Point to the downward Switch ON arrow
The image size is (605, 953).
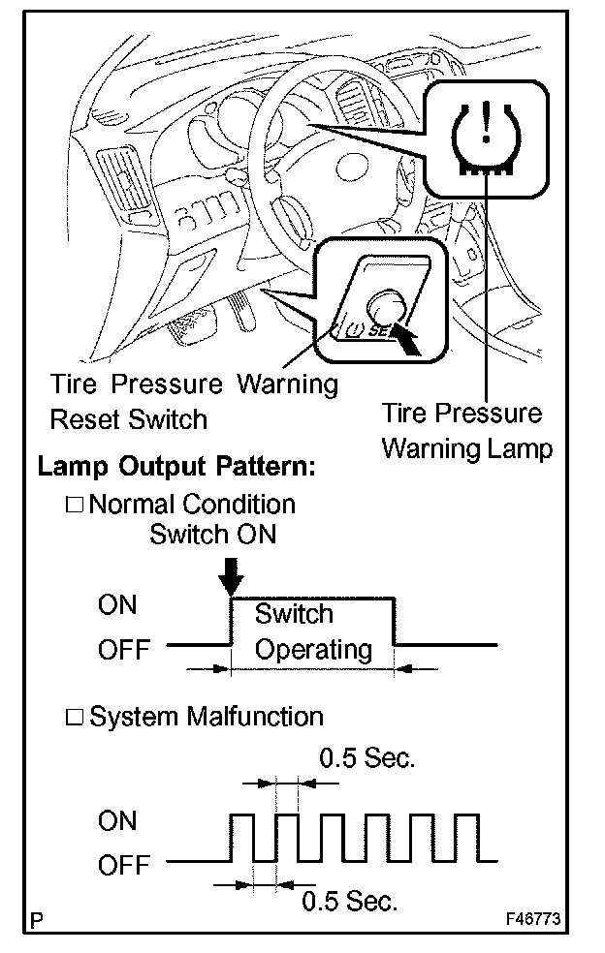[x=230, y=579]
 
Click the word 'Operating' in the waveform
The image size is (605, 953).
[x=313, y=649]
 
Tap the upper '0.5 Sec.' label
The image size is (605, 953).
[x=366, y=758]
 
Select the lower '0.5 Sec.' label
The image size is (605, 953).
[x=349, y=902]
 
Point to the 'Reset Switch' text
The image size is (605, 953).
[x=128, y=419]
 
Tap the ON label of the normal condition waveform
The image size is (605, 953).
[x=117, y=606]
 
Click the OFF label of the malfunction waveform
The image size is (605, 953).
[x=124, y=865]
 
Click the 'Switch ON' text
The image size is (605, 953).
[x=212, y=534]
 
